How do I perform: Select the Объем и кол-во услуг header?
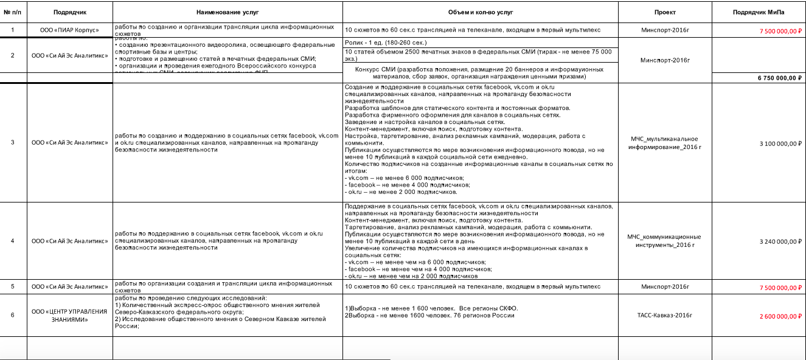tap(480, 12)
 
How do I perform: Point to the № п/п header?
tap(13, 12)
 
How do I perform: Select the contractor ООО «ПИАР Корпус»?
tap(69, 30)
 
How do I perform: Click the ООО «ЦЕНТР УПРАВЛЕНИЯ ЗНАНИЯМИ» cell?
tap(69, 315)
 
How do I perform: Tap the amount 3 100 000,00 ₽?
tap(777, 144)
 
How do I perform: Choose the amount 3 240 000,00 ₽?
tap(777, 241)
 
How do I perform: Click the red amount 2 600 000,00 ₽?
tap(777, 316)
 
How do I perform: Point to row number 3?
tap(13, 143)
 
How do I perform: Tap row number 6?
tap(13, 315)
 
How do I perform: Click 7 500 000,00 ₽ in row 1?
tap(777, 30)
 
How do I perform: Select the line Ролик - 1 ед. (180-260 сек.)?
tap(386, 43)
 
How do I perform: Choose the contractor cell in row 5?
tap(69, 286)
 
